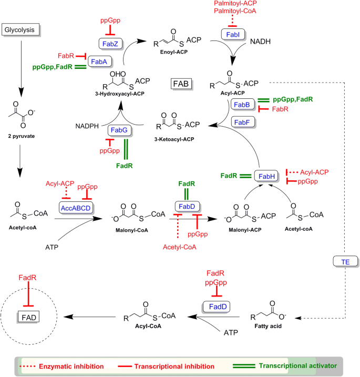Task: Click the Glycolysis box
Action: (x=20, y=30)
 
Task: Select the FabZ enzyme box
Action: (x=110, y=44)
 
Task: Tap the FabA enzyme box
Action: (x=100, y=62)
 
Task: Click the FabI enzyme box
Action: (x=233, y=35)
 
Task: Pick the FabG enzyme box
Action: (x=119, y=130)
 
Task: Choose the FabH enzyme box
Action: (x=266, y=176)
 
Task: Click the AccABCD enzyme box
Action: (x=76, y=208)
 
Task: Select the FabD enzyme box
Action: (x=187, y=207)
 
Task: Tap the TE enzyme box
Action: (x=345, y=262)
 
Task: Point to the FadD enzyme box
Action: (x=217, y=307)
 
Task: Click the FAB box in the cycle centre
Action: (x=181, y=84)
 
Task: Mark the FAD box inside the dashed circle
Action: (x=28, y=318)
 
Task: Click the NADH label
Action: (x=260, y=42)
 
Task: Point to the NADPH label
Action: (x=87, y=126)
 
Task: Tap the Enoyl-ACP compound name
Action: (x=174, y=52)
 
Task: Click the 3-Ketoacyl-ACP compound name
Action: (x=174, y=139)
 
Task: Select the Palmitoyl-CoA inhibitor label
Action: (x=235, y=11)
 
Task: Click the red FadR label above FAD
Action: (x=27, y=278)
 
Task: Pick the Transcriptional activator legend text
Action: (x=298, y=366)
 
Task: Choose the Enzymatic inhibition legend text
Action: (x=71, y=366)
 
